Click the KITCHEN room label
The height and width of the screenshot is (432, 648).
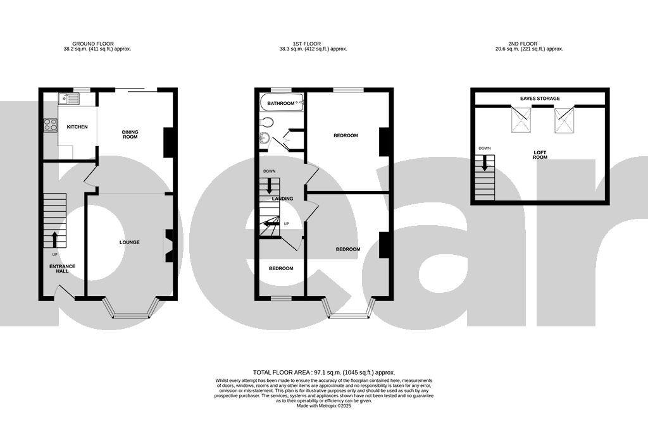click(77, 127)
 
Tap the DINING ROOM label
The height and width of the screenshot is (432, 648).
click(130, 135)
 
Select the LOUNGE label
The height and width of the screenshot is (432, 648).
click(129, 242)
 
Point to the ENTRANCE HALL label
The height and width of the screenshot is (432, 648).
click(63, 269)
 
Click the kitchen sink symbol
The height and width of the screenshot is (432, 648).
click(68, 99)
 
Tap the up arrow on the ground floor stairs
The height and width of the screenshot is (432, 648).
click(54, 239)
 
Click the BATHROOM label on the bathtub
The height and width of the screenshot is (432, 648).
click(281, 103)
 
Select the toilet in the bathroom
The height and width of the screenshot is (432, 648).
click(266, 123)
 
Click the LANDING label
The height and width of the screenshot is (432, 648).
click(282, 199)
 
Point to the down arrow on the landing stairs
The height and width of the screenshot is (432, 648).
click(270, 186)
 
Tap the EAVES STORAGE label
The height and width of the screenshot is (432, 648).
click(540, 99)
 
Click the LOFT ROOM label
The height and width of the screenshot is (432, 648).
click(540, 154)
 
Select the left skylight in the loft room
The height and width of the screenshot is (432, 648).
click(521, 120)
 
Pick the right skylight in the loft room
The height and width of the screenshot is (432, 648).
click(564, 120)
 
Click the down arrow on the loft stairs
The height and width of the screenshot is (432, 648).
click(485, 163)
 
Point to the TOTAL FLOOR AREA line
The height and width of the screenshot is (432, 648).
click(323, 373)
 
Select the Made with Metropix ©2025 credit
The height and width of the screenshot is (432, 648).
click(323, 406)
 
